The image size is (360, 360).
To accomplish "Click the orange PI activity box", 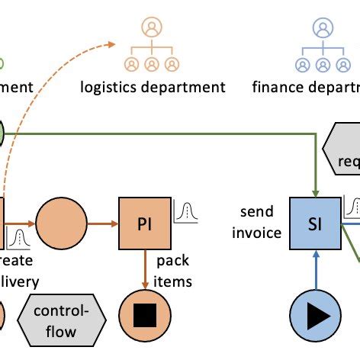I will click(x=145, y=223).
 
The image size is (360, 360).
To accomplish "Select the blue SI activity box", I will click(x=314, y=223).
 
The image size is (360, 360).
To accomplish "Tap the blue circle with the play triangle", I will click(x=314, y=314).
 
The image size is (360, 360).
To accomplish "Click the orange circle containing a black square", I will click(x=145, y=314).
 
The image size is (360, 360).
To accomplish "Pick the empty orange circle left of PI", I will click(x=61, y=223).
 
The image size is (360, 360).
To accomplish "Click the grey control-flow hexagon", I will click(x=62, y=315).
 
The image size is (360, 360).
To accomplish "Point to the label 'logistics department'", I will click(x=153, y=86).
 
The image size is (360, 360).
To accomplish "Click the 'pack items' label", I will click(x=173, y=271).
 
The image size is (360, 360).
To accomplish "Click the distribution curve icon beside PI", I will click(x=185, y=211).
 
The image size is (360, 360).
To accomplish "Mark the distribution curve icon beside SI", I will click(x=352, y=207).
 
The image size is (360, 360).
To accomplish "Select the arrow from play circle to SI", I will click(x=314, y=270).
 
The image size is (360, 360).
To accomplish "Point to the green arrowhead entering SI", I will click(x=314, y=191).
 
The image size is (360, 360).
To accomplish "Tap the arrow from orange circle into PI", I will click(x=102, y=223).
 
